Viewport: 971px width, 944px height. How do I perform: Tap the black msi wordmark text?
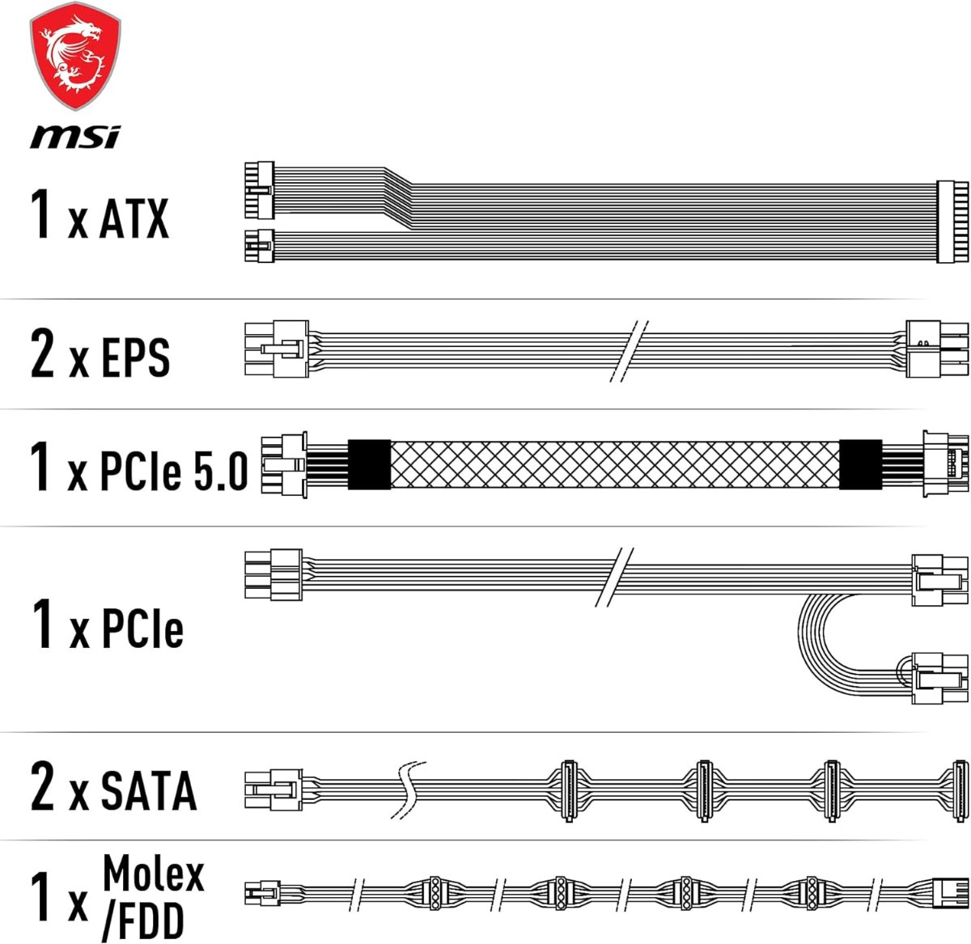point(75,137)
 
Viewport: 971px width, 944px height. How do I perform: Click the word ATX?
point(134,218)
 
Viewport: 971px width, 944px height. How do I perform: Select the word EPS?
point(136,357)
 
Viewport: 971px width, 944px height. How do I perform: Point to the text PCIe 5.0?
point(174,469)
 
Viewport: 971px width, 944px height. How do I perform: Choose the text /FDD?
point(142,920)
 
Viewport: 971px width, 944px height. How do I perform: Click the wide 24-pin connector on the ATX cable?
point(946,221)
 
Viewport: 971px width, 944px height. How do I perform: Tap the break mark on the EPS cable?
point(629,351)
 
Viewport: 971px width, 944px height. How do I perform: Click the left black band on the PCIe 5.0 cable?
point(369,464)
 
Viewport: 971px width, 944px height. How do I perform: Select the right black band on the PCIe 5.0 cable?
point(860,464)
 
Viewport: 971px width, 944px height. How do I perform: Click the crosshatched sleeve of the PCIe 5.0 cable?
point(615,464)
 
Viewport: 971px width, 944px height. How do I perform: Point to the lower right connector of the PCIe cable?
point(939,678)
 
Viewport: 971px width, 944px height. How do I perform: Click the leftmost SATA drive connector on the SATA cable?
point(568,791)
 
